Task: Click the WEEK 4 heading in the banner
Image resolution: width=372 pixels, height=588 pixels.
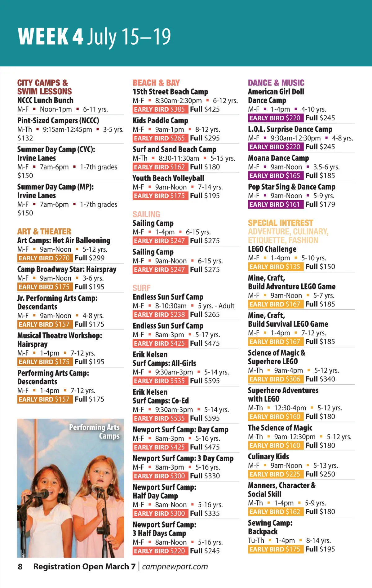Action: tap(51, 37)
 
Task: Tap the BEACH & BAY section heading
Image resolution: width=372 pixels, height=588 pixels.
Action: tap(156, 83)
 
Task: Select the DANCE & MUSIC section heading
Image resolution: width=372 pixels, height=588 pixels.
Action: tap(276, 83)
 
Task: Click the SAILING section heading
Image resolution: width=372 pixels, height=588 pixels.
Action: tap(146, 214)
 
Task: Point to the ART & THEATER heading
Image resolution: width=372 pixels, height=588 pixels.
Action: tap(44, 232)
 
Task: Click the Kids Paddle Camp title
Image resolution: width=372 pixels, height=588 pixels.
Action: tap(160, 121)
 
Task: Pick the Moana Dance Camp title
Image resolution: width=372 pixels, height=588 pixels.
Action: tap(278, 158)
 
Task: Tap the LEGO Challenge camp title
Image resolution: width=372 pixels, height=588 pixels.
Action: tap(272, 249)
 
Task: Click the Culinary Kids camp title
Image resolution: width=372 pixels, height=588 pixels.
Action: tap(268, 457)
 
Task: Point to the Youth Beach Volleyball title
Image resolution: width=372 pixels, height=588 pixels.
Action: tap(168, 178)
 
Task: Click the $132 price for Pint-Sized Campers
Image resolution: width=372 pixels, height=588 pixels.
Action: tap(25, 138)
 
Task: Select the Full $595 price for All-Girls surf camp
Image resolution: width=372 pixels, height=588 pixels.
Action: tap(205, 381)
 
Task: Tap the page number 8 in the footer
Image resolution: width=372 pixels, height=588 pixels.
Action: tap(20, 567)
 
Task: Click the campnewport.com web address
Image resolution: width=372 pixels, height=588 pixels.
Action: tap(175, 567)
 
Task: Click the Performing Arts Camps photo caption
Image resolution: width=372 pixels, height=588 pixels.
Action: tap(95, 431)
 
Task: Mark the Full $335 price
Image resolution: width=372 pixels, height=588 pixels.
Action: tap(205, 513)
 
